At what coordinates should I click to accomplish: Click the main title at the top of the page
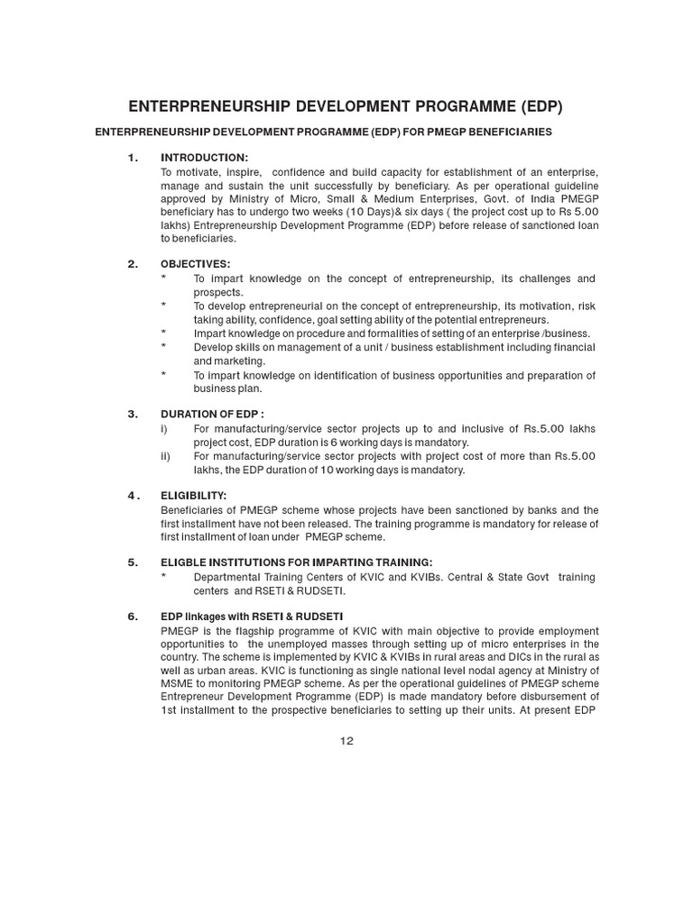coord(346,106)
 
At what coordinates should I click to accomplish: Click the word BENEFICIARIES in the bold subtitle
coord(506,133)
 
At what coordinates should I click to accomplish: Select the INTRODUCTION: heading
coord(204,158)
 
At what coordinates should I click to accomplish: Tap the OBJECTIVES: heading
coord(195,264)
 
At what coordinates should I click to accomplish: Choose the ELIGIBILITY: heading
coord(193,495)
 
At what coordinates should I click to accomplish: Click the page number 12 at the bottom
coord(346,741)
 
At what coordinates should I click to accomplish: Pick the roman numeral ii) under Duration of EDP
coord(166,456)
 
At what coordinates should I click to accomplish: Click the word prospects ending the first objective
coord(217,292)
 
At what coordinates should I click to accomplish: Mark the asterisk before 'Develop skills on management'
coord(163,346)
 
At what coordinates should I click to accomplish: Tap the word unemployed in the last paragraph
coord(300,644)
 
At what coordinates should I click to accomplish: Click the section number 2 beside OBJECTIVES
coord(133,264)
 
